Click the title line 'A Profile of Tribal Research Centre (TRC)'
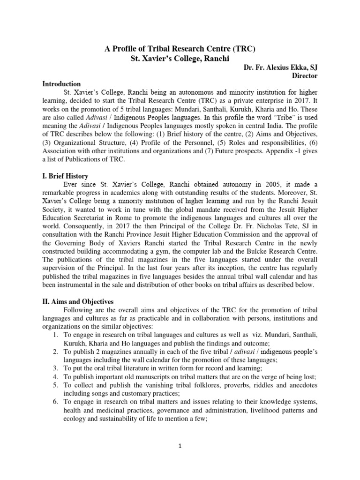180,49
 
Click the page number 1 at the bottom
180,446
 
